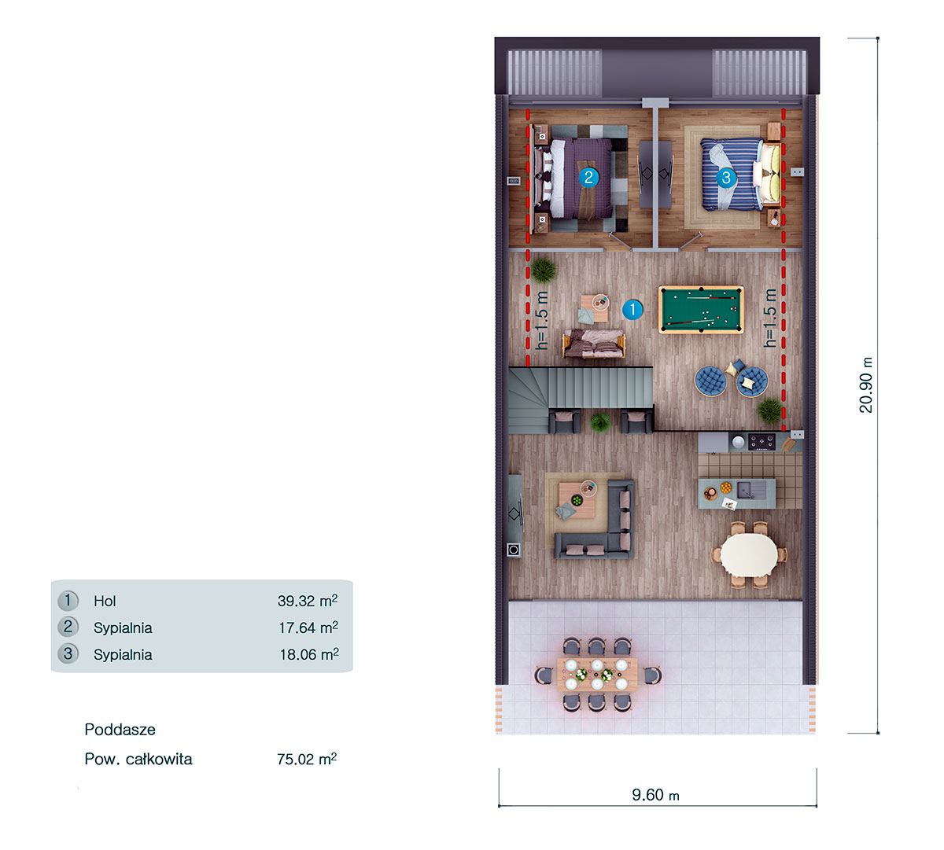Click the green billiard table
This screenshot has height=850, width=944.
(700, 310)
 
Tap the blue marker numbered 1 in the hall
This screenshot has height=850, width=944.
(632, 310)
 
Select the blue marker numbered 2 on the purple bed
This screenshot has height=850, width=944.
(588, 177)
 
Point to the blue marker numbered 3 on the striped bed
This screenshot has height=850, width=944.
(725, 178)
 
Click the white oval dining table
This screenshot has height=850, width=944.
(749, 555)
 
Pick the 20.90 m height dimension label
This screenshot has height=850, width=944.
(866, 385)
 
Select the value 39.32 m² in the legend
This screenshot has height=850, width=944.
(307, 601)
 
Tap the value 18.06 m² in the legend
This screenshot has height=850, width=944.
(308, 654)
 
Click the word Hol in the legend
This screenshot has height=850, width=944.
(105, 602)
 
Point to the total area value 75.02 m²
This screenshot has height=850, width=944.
(306, 760)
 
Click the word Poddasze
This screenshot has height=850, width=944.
(120, 730)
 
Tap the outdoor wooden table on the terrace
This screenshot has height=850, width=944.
(597, 675)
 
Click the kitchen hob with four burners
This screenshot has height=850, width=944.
(761, 442)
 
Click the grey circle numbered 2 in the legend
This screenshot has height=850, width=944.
(68, 627)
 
